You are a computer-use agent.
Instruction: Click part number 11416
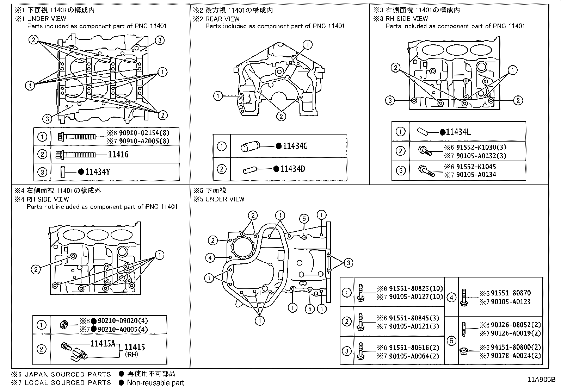coord(118,154)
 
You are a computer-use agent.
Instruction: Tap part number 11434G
coord(295,146)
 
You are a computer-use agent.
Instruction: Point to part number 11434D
coord(292,169)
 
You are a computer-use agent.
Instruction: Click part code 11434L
coord(458,132)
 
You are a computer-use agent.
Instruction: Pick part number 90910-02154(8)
coord(144,133)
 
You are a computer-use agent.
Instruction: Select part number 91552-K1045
coord(476,167)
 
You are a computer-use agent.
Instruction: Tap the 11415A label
coord(103,343)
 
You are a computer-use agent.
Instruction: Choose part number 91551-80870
coord(511,293)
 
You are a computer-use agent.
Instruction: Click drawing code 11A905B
coord(541,380)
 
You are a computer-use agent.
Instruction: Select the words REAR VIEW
coord(222,19)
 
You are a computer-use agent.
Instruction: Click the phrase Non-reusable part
coord(155,382)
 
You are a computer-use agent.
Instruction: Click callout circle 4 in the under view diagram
coord(210,258)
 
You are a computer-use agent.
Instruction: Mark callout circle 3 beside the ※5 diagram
coord(348,262)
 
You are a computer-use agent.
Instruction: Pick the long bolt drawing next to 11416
coord(76,154)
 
